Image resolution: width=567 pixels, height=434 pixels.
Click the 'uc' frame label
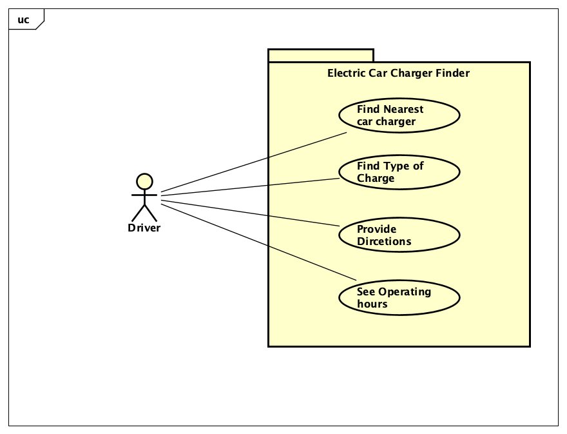(23, 20)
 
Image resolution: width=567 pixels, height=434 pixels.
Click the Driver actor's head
(145, 181)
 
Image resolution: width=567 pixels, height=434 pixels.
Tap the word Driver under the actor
(144, 228)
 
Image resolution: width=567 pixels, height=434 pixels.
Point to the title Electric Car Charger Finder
(398, 74)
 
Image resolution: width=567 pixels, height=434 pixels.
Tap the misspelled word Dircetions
(384, 242)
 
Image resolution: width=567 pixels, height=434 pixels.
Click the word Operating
(405, 291)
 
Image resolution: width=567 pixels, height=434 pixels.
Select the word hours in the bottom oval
(372, 304)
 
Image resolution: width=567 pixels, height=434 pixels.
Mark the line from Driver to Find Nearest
(254, 163)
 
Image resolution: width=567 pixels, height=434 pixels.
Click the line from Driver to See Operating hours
(258, 242)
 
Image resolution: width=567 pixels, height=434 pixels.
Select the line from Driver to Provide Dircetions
(250, 213)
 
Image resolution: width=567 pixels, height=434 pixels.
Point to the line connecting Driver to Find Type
(250, 186)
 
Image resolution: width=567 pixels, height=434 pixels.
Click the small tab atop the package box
(321, 55)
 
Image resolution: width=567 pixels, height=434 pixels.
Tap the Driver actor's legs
(145, 213)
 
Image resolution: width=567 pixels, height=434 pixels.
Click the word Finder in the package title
(452, 74)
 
